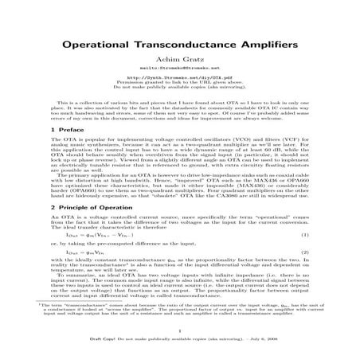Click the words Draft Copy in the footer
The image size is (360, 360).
101,346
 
